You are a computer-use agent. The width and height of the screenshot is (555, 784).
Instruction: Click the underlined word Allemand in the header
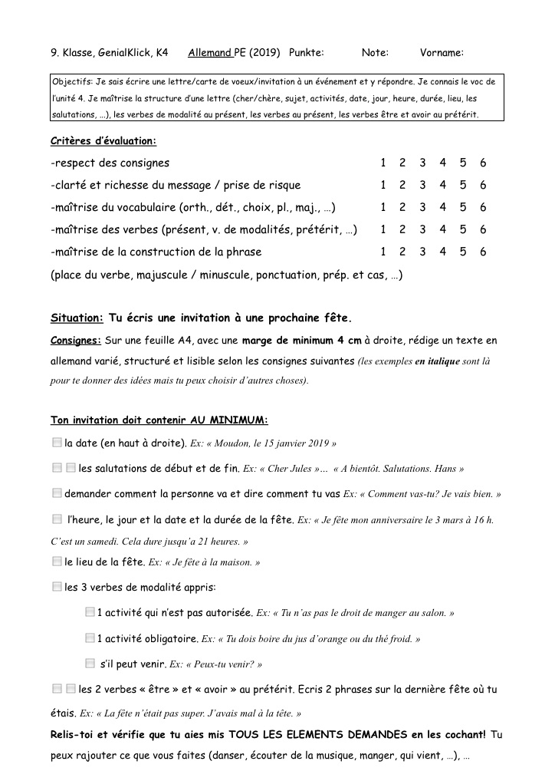tap(209, 53)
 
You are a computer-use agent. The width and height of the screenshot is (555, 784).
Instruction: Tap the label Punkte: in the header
tap(307, 53)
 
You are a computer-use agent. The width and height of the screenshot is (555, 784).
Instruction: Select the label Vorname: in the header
tap(442, 53)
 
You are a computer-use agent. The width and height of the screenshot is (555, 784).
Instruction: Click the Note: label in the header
tap(375, 53)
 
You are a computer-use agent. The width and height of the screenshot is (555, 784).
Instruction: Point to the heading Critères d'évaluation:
tap(103, 140)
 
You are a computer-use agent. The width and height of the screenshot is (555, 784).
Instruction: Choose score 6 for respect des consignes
tap(483, 163)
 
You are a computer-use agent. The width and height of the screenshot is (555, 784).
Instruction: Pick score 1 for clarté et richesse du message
tap(383, 185)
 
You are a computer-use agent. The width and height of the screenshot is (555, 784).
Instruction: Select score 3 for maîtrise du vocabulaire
tap(422, 207)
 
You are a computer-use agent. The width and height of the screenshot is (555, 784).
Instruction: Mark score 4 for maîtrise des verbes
tap(442, 229)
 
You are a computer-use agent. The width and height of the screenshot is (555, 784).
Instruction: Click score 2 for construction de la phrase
tap(402, 252)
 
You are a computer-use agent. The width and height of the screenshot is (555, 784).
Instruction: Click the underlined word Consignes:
tap(76, 339)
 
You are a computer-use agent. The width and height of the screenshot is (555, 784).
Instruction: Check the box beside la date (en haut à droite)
tap(57, 443)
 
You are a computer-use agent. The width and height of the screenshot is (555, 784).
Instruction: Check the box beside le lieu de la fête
tap(57, 562)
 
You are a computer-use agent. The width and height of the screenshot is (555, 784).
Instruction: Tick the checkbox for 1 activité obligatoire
tap(90, 637)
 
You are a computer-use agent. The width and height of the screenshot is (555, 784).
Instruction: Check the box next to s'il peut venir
tap(90, 663)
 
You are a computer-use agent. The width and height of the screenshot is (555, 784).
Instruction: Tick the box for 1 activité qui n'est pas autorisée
tap(90, 612)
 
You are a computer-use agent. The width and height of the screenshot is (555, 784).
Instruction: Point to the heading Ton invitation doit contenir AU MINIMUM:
tap(159, 420)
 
